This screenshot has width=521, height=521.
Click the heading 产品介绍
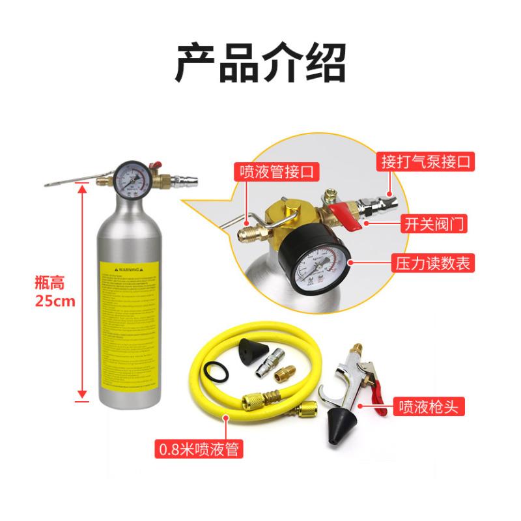click(260, 62)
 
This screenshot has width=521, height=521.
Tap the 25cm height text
click(55, 302)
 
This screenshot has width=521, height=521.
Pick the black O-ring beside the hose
click(214, 373)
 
